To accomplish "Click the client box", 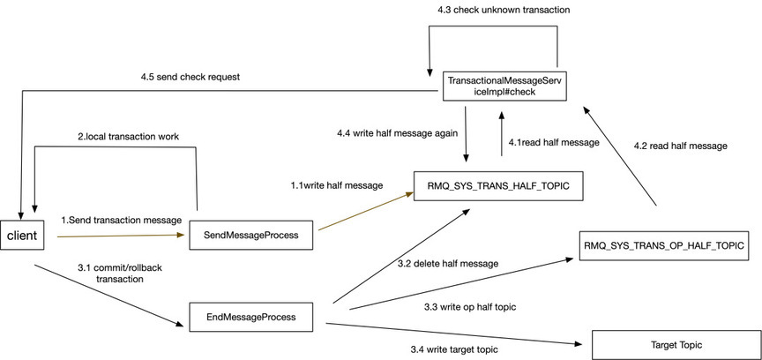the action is pyautogui.click(x=21, y=236).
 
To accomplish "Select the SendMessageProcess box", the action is pyautogui.click(x=250, y=236).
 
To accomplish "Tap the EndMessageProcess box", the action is pyautogui.click(x=250, y=318).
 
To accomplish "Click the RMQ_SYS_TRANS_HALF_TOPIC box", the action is pyautogui.click(x=498, y=185).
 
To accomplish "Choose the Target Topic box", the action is pyautogui.click(x=676, y=345).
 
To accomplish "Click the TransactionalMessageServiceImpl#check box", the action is pyautogui.click(x=506, y=87).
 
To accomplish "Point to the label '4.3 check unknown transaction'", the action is pyautogui.click(x=505, y=10).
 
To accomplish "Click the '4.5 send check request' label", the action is pyautogui.click(x=189, y=77).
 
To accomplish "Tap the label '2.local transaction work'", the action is pyautogui.click(x=128, y=137).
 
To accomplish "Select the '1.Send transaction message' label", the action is pyautogui.click(x=121, y=220).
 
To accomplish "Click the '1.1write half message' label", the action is pyautogui.click(x=337, y=185).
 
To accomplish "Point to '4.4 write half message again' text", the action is pyautogui.click(x=398, y=133).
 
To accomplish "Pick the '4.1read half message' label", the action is pyautogui.click(x=554, y=143).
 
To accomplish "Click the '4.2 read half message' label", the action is pyautogui.click(x=680, y=146).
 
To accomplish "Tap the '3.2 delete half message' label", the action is pyautogui.click(x=448, y=264).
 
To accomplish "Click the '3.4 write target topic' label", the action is pyautogui.click(x=454, y=349).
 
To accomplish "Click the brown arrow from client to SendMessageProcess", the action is pyautogui.click(x=121, y=236).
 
